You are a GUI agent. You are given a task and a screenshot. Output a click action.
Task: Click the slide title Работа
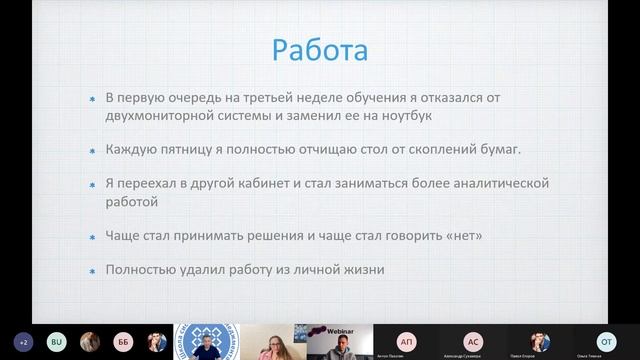(x=320, y=49)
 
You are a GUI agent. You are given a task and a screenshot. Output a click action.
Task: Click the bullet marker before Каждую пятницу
(x=92, y=151)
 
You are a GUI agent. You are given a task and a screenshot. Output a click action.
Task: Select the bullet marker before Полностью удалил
(x=92, y=271)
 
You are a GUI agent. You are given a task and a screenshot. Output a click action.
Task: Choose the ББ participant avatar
(x=122, y=341)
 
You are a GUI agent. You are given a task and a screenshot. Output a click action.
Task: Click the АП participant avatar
(x=406, y=339)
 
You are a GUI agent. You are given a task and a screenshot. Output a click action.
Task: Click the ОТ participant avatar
(x=605, y=339)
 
